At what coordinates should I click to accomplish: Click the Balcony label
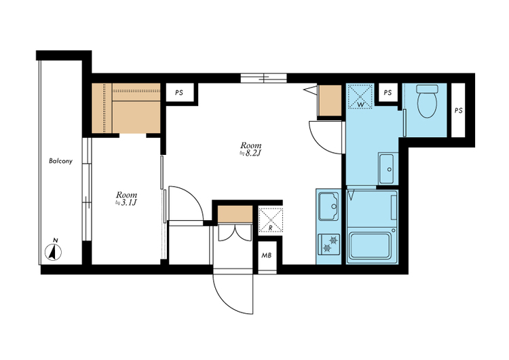tap(60, 161)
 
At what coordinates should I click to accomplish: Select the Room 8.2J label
tap(250, 149)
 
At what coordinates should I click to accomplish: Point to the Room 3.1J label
tap(126, 198)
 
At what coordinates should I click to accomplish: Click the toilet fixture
tap(427, 101)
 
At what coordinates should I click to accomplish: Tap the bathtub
tap(370, 245)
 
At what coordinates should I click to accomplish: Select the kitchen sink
tap(328, 206)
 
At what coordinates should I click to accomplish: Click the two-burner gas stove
tap(329, 244)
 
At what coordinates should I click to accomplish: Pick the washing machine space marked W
tap(360, 96)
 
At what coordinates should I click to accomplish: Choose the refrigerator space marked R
tap(270, 219)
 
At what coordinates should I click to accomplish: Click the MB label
tap(267, 255)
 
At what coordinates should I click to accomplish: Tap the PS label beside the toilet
tap(458, 111)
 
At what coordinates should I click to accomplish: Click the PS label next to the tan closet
tap(179, 92)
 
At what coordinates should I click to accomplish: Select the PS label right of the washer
tap(388, 92)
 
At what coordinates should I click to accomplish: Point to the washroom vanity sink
tap(388, 168)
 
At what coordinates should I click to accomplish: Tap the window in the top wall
tap(263, 78)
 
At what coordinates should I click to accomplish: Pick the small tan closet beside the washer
tap(330, 101)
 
